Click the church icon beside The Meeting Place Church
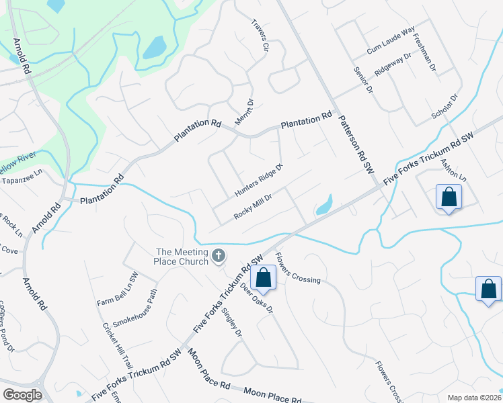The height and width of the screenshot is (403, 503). [218, 255]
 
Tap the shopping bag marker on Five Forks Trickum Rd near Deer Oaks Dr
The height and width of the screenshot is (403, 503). [264, 277]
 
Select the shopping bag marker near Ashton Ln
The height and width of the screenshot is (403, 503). [449, 197]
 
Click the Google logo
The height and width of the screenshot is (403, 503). [22, 395]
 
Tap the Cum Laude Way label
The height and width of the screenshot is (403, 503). [391, 41]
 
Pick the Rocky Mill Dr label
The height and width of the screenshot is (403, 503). [252, 206]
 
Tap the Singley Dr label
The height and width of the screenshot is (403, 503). [231, 322]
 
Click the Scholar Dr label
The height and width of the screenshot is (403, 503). [444, 108]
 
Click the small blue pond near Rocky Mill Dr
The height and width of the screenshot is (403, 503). [323, 205]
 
